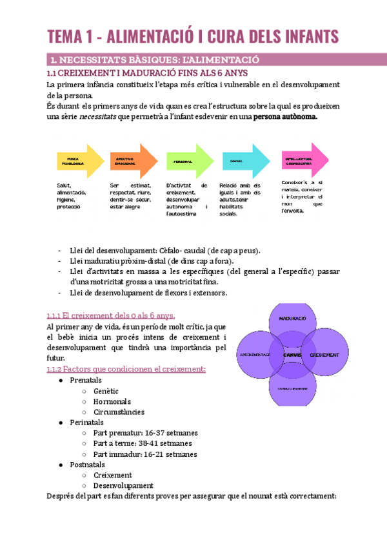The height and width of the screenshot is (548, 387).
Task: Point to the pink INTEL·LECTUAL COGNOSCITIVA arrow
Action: point(301,160)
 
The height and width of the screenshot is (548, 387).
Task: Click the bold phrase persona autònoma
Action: point(285,118)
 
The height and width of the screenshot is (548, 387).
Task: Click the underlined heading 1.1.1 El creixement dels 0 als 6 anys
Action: point(110,315)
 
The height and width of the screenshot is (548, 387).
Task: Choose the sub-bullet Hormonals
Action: point(112,401)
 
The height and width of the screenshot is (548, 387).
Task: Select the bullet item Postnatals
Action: point(88,464)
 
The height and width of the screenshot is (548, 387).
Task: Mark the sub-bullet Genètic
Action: point(106,391)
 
